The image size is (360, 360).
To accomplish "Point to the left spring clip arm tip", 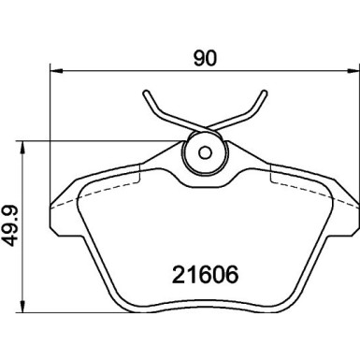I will tap(146, 94).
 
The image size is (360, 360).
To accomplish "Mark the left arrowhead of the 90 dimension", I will tap(52, 70).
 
